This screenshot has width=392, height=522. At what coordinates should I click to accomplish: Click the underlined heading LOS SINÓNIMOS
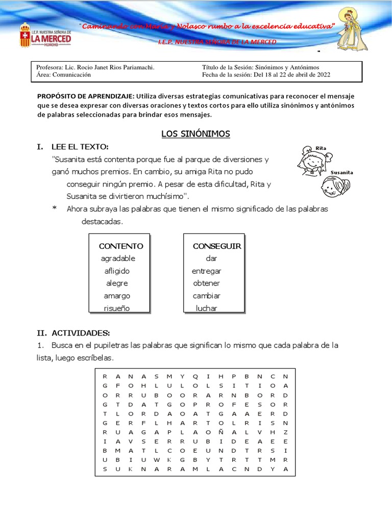(x=195, y=134)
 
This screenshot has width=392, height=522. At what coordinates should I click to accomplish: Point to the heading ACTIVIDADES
(x=80, y=333)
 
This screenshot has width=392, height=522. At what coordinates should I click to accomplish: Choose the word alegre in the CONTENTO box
(x=117, y=283)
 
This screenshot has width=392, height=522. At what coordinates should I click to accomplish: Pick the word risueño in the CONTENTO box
(x=117, y=308)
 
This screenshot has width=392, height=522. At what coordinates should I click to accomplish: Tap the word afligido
(x=117, y=271)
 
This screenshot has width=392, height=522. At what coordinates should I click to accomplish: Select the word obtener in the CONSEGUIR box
(x=206, y=283)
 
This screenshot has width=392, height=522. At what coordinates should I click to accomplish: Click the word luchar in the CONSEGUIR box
(x=206, y=308)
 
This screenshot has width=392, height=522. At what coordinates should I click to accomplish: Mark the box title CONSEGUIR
(x=216, y=246)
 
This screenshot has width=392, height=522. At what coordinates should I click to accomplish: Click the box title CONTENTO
(x=121, y=246)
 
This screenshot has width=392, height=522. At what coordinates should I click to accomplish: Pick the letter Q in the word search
(x=194, y=376)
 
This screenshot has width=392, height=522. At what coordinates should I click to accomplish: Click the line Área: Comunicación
(x=63, y=74)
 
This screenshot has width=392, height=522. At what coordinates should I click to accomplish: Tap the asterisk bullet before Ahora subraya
(x=54, y=210)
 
